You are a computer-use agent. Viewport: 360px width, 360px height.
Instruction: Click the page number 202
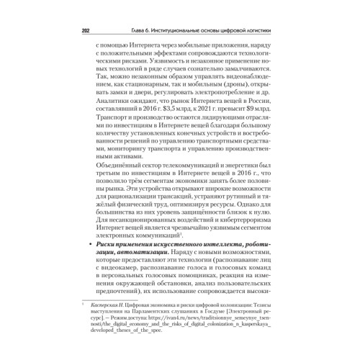tap(78, 31)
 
